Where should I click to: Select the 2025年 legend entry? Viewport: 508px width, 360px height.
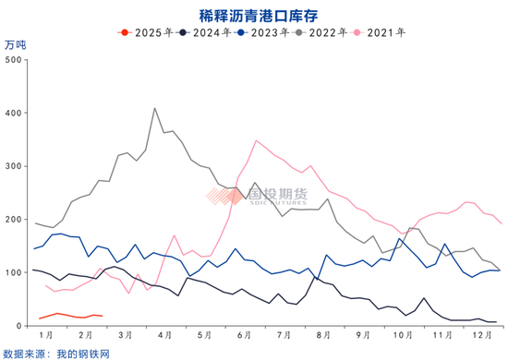pyautogui.click(x=146, y=33)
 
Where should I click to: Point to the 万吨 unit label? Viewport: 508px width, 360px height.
pyautogui.click(x=16, y=44)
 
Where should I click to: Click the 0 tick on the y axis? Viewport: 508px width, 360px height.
pyautogui.click(x=18, y=326)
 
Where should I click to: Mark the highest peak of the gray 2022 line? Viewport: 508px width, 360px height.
pyautogui.click(x=154, y=108)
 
